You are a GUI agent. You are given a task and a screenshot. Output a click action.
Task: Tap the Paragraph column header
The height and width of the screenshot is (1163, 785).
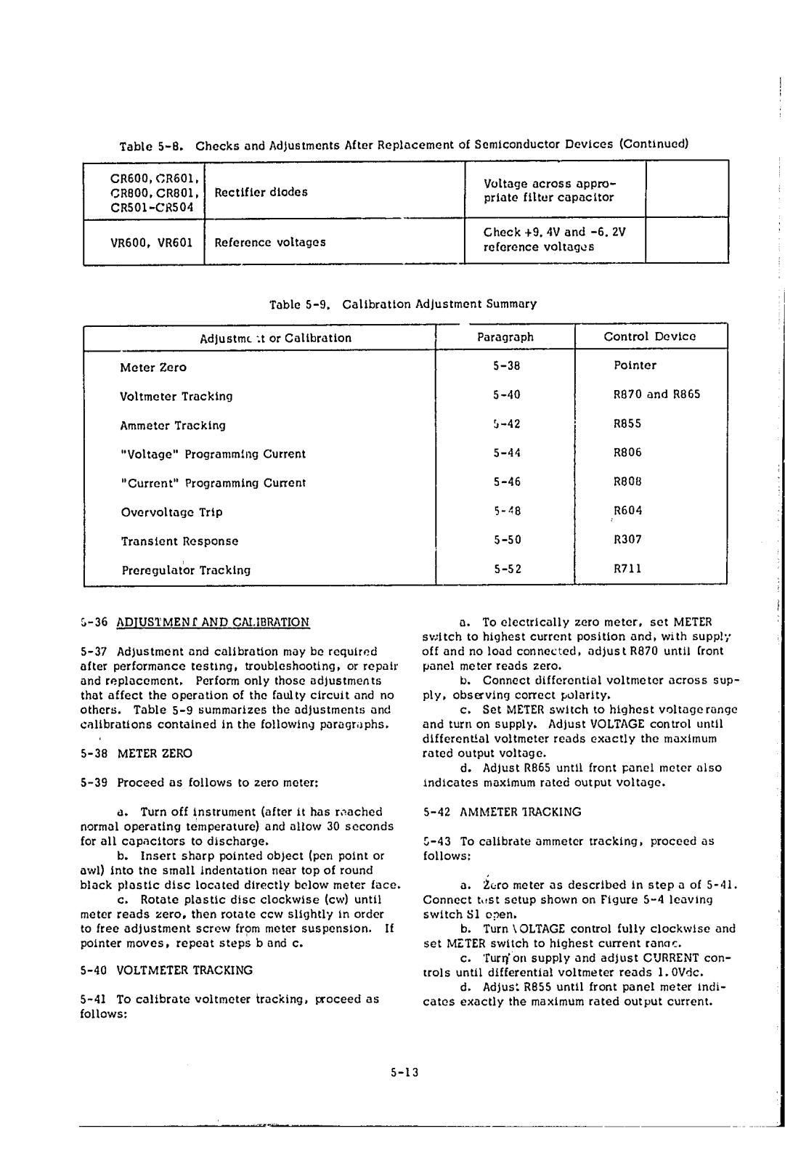[505, 337]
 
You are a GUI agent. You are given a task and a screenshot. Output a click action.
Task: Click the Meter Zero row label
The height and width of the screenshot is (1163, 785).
[152, 368]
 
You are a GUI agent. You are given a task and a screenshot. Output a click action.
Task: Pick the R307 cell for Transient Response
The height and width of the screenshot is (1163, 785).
[627, 540]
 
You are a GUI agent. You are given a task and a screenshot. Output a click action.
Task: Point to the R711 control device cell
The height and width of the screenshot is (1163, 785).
[627, 569]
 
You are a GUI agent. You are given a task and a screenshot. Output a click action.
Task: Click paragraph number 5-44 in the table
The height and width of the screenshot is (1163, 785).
[507, 453]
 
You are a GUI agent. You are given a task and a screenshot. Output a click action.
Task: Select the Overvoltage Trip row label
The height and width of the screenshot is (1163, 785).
[171, 512]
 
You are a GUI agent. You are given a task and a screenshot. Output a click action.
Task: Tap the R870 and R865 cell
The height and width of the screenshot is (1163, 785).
[656, 395]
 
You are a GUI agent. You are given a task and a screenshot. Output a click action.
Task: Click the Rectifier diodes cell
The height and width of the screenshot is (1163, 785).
[261, 192]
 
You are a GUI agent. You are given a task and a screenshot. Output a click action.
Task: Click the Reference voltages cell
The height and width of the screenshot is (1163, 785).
[269, 242]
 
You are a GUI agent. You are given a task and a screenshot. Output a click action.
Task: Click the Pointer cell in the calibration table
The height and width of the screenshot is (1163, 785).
[635, 365]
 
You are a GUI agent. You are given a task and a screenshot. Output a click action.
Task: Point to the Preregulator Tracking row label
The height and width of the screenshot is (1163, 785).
[185, 570]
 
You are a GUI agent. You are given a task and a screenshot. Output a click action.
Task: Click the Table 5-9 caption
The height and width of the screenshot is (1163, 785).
[402, 304]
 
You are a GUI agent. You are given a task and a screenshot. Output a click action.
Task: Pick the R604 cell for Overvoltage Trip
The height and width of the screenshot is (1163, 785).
[627, 511]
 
